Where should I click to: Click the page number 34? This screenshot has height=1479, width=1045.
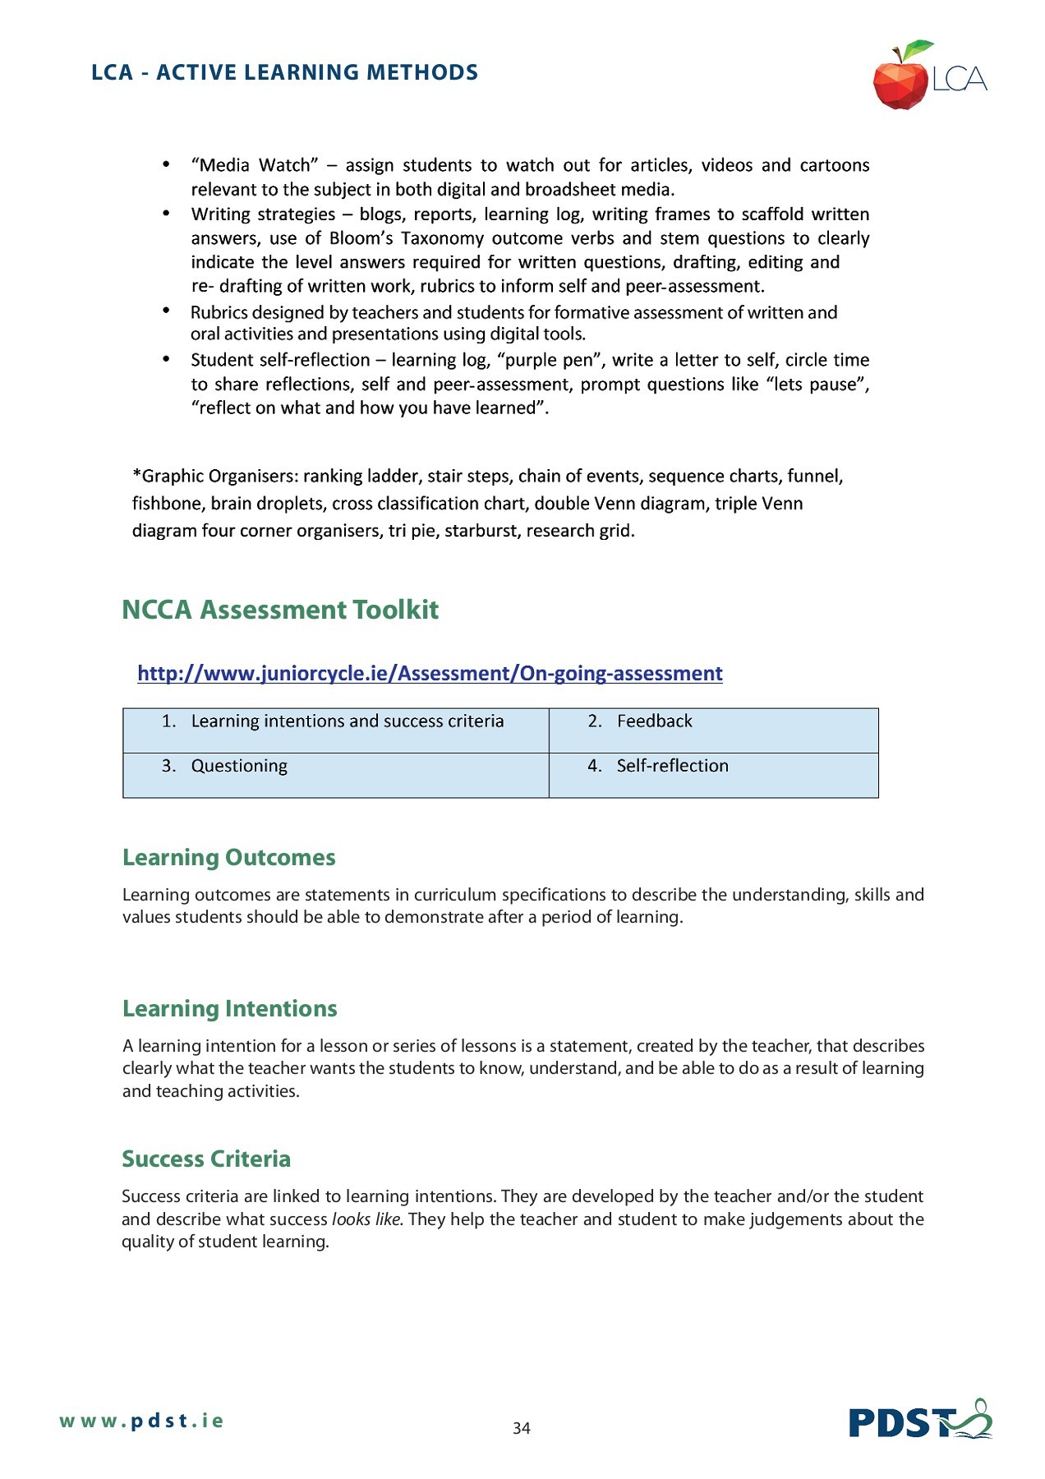pyautogui.click(x=521, y=1428)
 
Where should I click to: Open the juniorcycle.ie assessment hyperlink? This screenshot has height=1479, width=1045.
pyautogui.click(x=430, y=673)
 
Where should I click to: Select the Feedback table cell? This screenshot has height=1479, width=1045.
pyautogui.click(x=712, y=730)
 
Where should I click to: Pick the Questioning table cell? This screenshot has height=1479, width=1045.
pyautogui.click(x=335, y=774)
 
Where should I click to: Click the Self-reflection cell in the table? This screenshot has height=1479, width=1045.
pyautogui.click(x=712, y=774)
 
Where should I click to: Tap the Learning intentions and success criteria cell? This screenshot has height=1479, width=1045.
pyautogui.click(x=335, y=730)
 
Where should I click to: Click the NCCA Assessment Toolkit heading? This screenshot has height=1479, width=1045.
pyautogui.click(x=280, y=610)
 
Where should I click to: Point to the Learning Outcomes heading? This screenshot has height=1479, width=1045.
pyautogui.click(x=228, y=857)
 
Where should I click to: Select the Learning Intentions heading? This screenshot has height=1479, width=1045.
pyautogui.click(x=229, y=1008)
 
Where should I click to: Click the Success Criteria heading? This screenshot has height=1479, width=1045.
pyautogui.click(x=206, y=1159)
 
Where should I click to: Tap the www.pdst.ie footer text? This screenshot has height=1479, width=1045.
pyautogui.click(x=140, y=1421)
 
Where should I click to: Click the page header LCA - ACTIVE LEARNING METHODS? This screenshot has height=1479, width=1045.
pyautogui.click(x=284, y=72)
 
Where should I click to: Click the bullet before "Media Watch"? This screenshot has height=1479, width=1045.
pyautogui.click(x=166, y=164)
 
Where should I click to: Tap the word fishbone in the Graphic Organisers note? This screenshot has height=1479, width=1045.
pyautogui.click(x=167, y=504)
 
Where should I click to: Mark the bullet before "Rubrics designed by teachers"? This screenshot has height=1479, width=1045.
pyautogui.click(x=166, y=311)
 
